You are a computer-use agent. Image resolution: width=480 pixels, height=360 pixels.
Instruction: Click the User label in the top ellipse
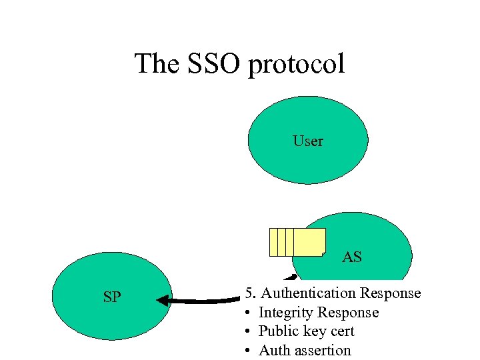(308, 141)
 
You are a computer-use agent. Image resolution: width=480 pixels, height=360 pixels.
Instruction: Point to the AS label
(352, 257)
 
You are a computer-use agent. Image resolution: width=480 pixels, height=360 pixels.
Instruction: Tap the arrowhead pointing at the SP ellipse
(164, 301)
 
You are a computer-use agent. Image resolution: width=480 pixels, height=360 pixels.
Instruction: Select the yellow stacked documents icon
(297, 242)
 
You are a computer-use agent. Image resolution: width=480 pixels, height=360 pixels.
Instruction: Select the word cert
(339, 331)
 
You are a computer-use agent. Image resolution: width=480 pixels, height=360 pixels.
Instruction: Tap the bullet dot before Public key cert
(247, 332)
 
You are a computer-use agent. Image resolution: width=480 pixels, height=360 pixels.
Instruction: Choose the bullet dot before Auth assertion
(247, 351)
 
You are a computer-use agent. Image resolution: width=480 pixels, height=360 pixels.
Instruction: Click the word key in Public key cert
(311, 332)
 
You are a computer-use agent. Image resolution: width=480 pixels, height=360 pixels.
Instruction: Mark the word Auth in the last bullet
(273, 350)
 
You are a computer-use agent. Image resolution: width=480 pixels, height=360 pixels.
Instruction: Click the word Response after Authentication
(390, 293)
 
